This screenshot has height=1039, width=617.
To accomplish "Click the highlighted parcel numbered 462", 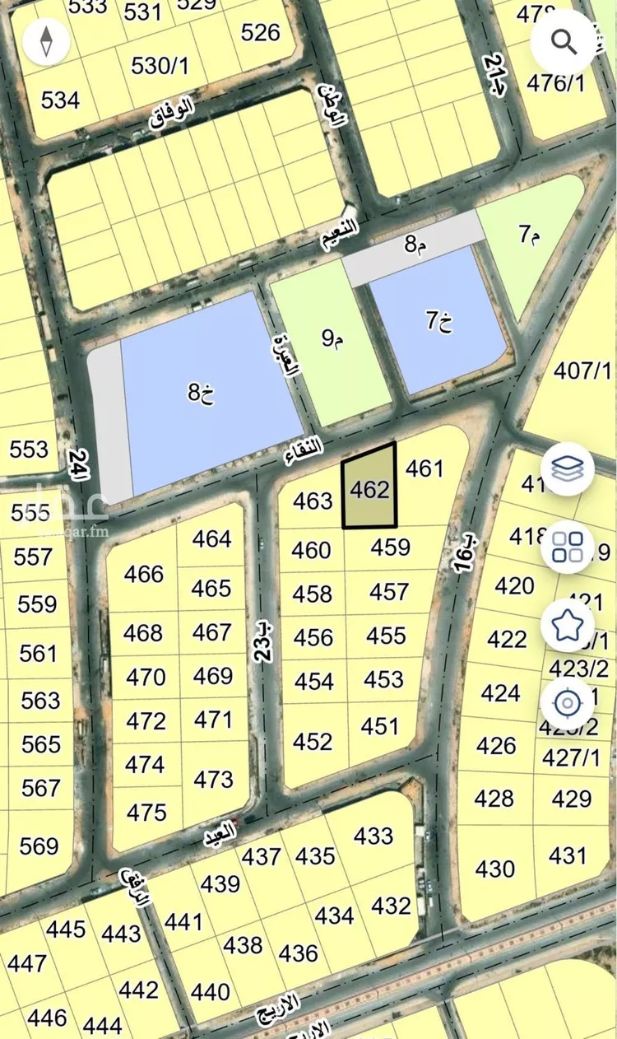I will coord(369,491).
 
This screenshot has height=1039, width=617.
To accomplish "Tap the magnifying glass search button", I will coord(564,41).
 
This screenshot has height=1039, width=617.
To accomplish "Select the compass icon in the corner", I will coord(46,41).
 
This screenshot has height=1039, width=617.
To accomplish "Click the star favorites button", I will coord(567,626).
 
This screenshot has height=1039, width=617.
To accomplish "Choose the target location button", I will coord(567,703).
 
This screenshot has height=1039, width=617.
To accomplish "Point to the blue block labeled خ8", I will coord(202,392).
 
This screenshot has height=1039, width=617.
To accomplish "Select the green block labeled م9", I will coord(332,338).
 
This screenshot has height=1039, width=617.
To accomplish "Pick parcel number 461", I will coord(424,469).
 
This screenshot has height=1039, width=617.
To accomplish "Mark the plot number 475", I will coord(147,813).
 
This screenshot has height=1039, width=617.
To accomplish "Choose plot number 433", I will coord(373,836).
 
